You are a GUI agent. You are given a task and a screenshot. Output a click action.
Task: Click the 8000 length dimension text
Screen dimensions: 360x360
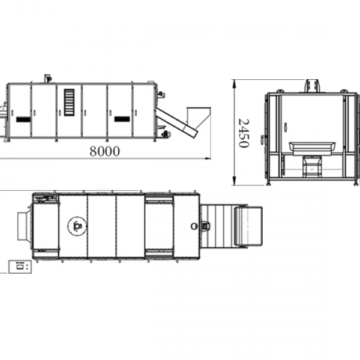[104, 151]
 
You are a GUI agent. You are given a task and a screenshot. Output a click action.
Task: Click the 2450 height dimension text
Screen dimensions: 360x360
[244, 133]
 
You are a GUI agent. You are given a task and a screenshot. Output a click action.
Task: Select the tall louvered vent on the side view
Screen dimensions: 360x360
[69, 102]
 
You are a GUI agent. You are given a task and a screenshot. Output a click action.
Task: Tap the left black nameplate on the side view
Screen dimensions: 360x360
[23, 119]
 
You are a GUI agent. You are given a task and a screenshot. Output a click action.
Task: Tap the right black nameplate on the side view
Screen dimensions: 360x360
[122, 119]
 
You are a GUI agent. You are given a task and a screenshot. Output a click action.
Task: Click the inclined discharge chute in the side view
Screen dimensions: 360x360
[176, 122]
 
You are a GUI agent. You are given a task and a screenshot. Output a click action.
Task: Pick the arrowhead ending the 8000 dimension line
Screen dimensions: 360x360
[208, 158]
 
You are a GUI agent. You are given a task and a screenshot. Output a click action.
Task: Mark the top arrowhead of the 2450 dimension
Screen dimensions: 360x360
[234, 84]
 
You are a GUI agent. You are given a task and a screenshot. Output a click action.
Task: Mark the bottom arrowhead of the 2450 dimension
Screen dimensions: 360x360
[234, 181]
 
